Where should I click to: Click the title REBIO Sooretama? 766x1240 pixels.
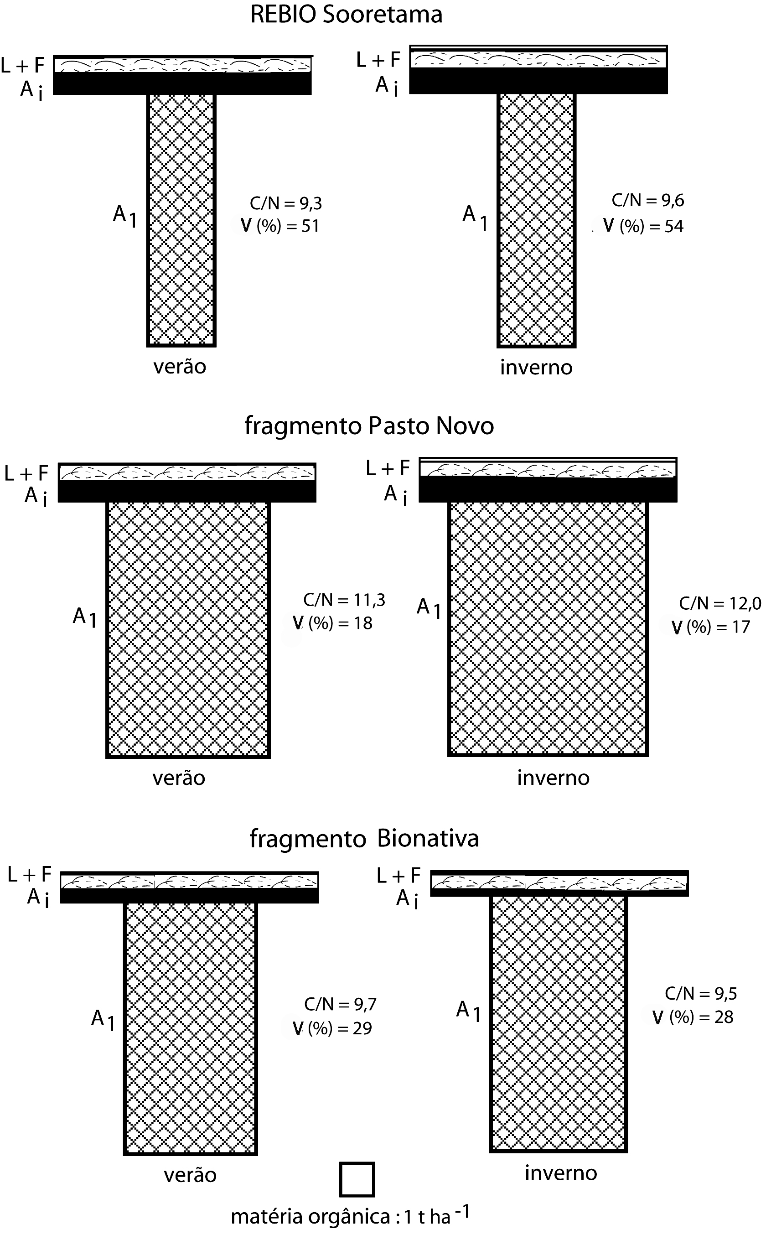point(346,14)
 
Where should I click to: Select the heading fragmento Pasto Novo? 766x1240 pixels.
point(369,425)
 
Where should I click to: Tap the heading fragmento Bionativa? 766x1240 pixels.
point(364,838)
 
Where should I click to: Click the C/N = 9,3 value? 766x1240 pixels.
point(286,203)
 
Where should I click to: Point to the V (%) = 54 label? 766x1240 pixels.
point(643,226)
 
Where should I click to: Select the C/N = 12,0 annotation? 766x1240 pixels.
point(720,603)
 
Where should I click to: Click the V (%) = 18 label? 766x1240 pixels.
point(333,623)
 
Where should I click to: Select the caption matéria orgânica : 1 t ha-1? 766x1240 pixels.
point(350,1216)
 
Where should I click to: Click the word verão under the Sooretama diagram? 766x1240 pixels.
point(180,366)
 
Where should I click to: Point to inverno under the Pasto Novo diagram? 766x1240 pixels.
point(553,778)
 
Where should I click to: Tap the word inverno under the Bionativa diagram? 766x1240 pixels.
point(561,1173)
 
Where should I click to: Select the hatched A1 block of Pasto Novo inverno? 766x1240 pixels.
point(548,628)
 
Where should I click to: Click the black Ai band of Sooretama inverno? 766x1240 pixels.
point(538,81)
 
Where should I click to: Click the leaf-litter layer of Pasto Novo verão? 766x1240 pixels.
point(187,473)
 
